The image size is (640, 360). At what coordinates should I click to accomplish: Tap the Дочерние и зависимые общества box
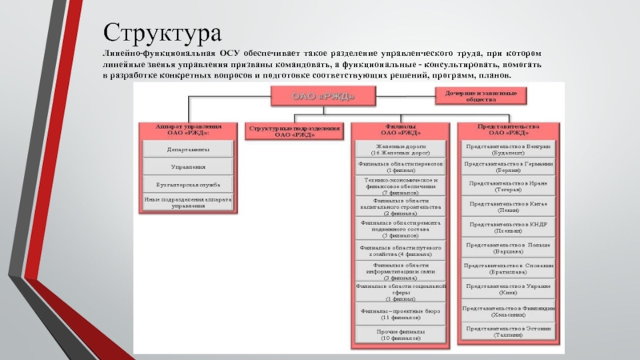tap(482, 96)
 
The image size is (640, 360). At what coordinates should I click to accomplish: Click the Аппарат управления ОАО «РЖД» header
tap(189, 130)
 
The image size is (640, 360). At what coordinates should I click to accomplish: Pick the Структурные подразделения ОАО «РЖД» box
tap(295, 131)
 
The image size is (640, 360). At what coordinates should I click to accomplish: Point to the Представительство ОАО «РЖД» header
tap(508, 130)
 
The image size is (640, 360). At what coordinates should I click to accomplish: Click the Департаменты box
tap(189, 150)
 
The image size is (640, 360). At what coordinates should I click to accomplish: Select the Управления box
tap(189, 166)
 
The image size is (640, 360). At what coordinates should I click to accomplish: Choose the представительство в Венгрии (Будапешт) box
tap(508, 149)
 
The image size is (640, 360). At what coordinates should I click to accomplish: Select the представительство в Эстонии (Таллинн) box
tap(508, 331)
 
